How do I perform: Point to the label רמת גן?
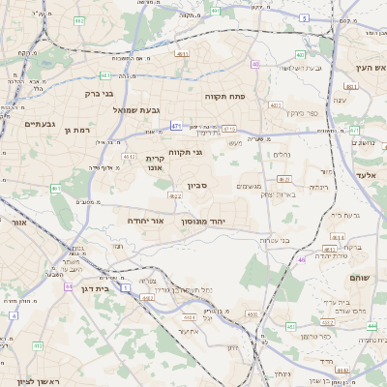pos(76,130)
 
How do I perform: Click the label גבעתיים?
pos(39,124)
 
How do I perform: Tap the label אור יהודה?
pos(144,221)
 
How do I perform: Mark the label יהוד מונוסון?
pos(203,221)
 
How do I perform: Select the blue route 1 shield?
pos(126,286)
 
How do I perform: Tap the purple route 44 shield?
pos(68,286)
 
